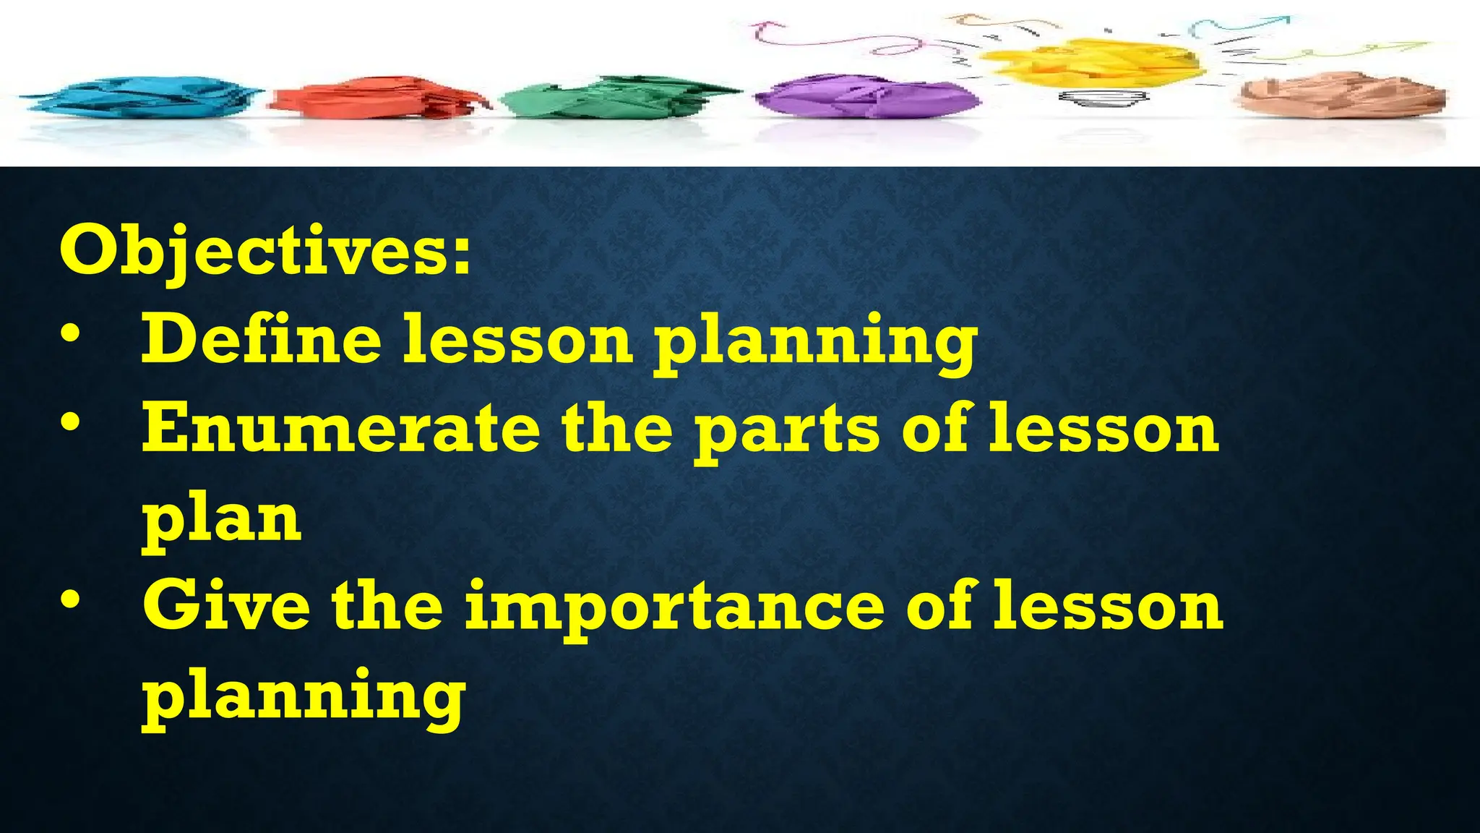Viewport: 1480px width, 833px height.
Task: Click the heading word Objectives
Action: [x=264, y=252]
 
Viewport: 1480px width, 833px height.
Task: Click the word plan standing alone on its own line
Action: [x=221, y=521]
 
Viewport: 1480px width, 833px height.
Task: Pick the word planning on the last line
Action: [x=304, y=698]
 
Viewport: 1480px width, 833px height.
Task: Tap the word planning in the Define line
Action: [x=814, y=343]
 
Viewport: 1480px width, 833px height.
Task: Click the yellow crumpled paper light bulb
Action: [x=1091, y=61]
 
